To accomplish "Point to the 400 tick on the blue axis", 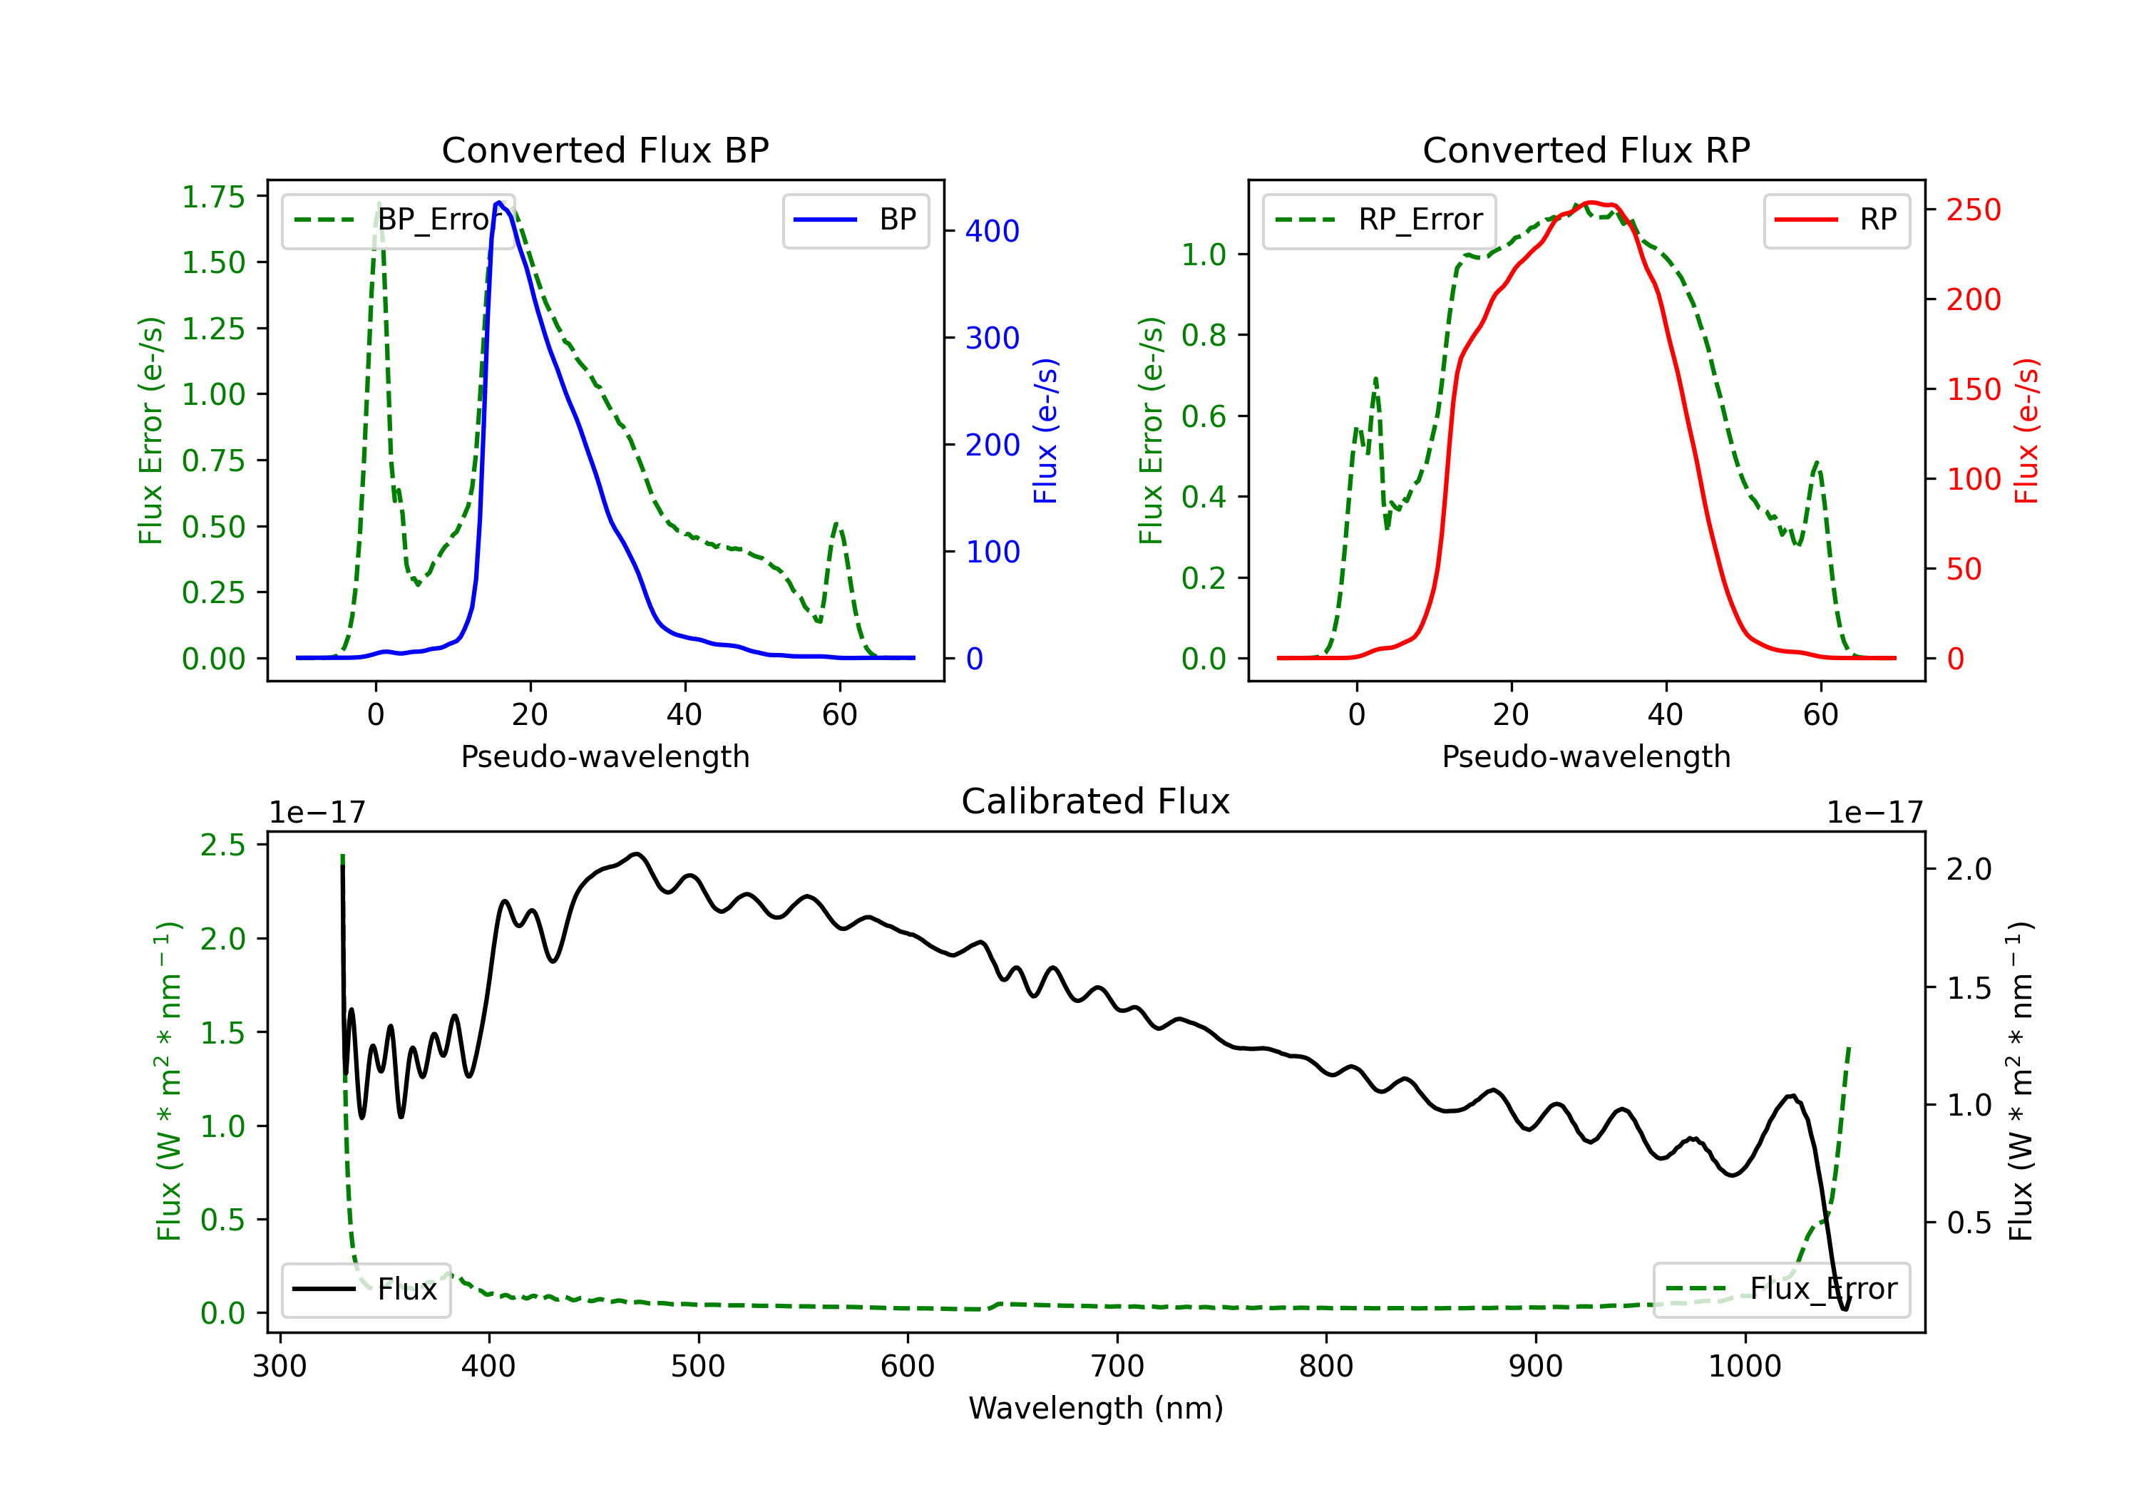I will click(992, 231).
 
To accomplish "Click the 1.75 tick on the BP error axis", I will click(213, 197).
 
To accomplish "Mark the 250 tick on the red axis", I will click(1973, 210).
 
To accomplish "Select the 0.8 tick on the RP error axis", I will click(1204, 335).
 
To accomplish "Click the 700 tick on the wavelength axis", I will click(1117, 1367).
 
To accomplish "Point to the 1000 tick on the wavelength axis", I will click(1744, 1367).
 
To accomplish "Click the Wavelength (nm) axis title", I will click(1096, 1409).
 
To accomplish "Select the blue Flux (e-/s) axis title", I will click(1046, 431).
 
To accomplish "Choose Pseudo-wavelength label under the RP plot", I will click(1586, 756).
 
